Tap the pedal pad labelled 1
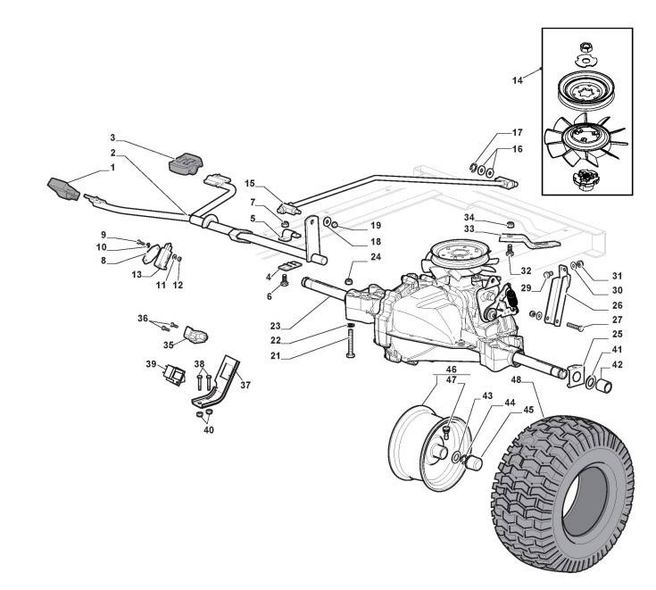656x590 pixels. pos(64,189)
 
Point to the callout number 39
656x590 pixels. pos(151,364)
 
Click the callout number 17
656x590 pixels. pos(517,132)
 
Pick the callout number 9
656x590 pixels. pos(129,234)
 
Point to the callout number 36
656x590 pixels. pos(143,317)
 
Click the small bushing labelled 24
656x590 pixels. pos(349,283)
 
